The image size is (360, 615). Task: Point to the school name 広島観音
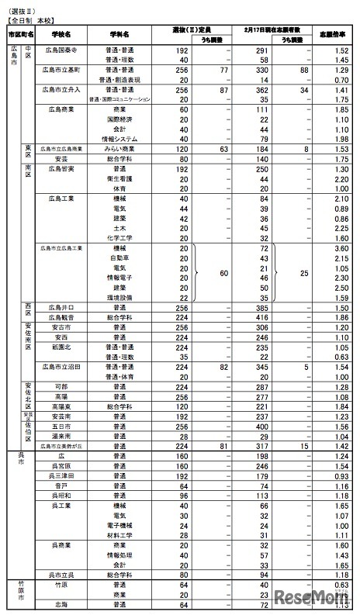(62, 317)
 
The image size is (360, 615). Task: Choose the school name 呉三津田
(62, 475)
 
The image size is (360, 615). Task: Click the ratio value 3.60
(336, 248)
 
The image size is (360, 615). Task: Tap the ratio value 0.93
(336, 475)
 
